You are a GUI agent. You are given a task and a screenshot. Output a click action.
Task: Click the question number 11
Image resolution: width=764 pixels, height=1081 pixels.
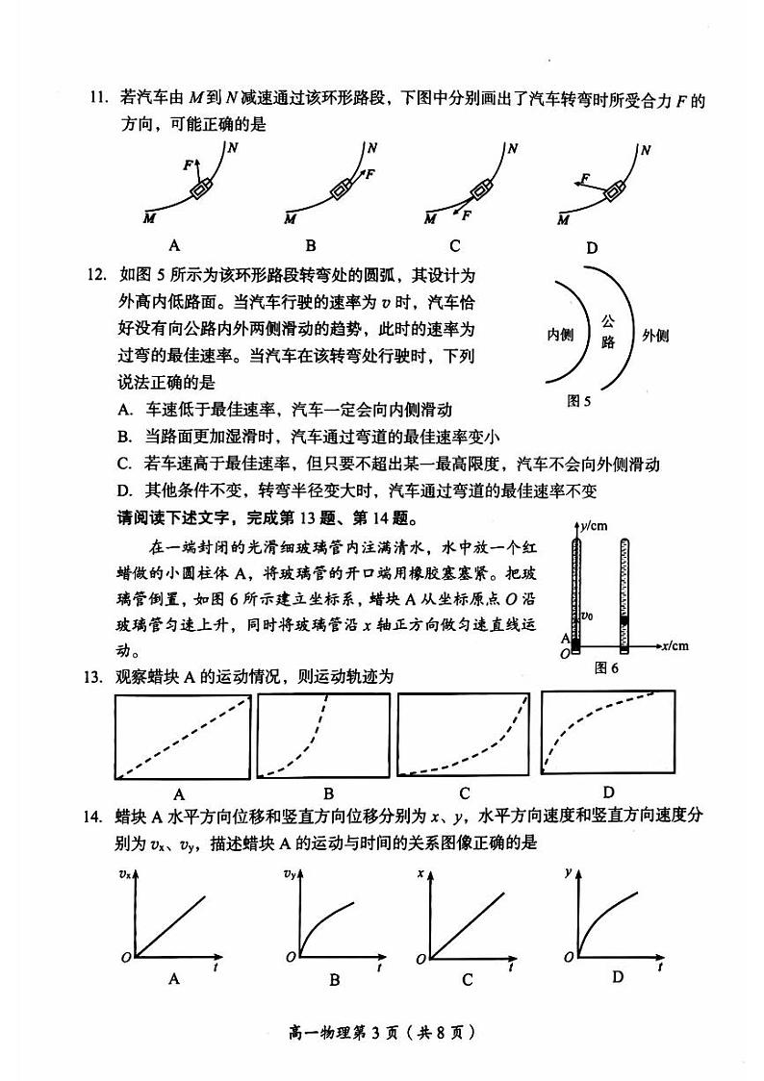click(95, 99)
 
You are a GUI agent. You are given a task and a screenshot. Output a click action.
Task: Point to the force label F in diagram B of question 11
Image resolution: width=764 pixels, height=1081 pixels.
click(369, 174)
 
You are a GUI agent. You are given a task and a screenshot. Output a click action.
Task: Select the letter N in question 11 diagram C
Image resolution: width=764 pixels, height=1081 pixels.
click(513, 149)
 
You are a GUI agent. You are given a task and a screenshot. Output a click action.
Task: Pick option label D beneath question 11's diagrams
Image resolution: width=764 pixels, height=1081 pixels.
click(592, 247)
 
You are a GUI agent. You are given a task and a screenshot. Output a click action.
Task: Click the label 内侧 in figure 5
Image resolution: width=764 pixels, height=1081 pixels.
click(560, 335)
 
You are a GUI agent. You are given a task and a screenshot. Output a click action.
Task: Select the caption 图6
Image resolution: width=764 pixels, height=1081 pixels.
click(606, 667)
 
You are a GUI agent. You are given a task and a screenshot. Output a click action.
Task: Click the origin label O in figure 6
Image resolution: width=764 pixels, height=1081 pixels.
click(565, 653)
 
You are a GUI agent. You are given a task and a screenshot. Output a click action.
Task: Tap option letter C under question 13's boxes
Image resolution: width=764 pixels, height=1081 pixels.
click(465, 793)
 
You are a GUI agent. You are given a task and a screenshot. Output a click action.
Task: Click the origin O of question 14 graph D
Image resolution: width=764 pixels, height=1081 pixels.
click(569, 958)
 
